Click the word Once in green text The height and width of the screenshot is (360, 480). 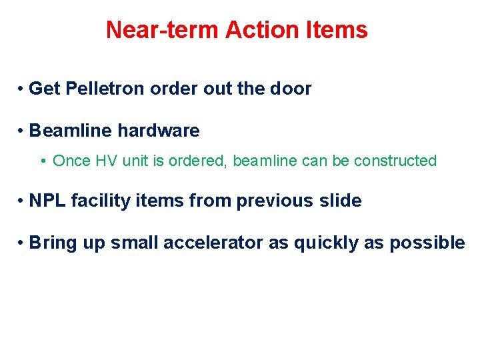[x=70, y=161]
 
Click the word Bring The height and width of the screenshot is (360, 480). [x=53, y=243]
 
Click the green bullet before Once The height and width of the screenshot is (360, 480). [x=43, y=161]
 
